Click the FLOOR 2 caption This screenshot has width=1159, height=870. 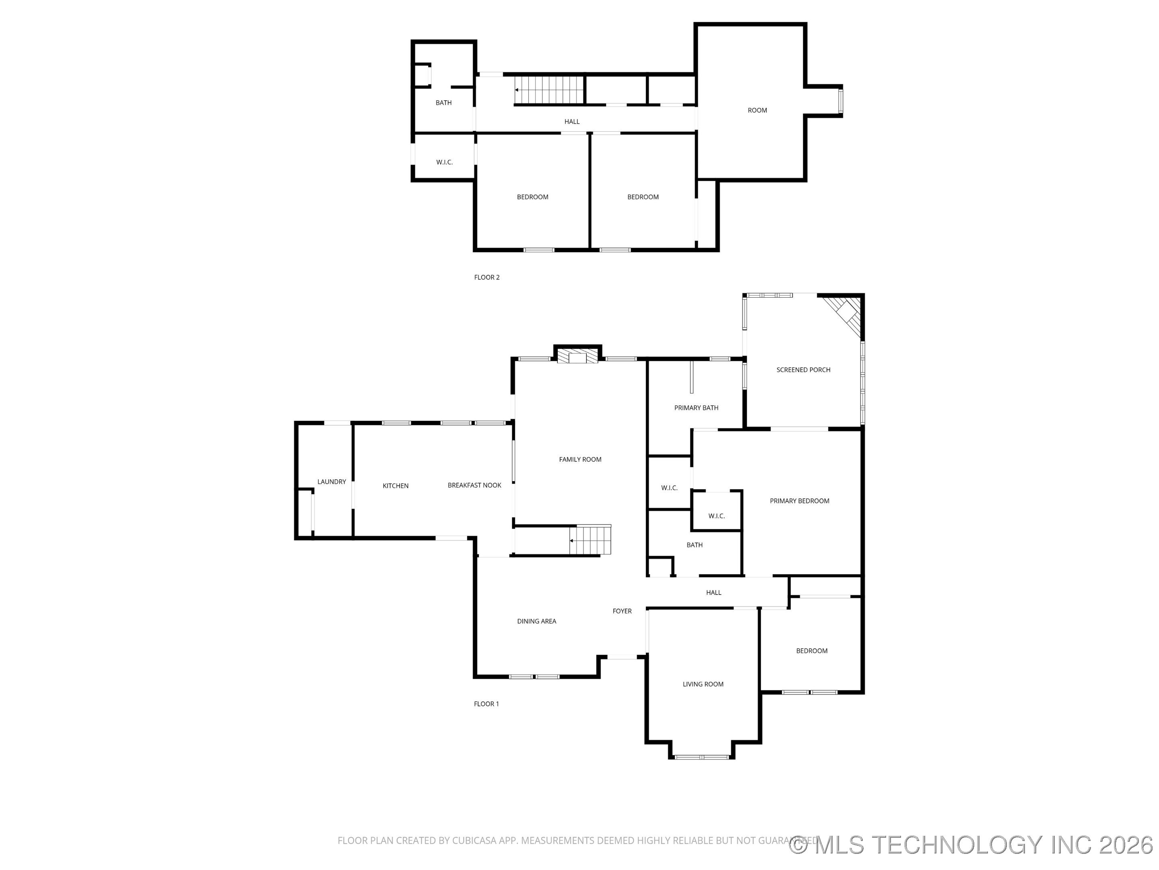pos(487,278)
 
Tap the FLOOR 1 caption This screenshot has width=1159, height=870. pos(486,704)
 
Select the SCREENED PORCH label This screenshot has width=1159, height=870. pos(803,370)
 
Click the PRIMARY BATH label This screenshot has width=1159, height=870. pos(696,408)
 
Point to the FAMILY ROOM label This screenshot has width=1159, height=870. pos(580,460)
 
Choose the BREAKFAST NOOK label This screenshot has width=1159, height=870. pos(474,485)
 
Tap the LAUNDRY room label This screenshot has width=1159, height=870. pos(332,481)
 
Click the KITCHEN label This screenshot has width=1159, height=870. pos(396,486)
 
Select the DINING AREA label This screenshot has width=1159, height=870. pos(536,621)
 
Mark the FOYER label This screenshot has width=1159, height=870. pos(622,611)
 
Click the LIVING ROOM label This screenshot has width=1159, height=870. pos(703,684)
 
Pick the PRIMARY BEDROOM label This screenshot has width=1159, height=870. pos(800,501)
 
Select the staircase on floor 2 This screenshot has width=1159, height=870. pos(549,90)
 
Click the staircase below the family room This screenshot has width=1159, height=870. pos(590,540)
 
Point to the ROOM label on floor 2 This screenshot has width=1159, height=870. pos(757,110)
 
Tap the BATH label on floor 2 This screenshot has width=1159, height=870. pos(443,103)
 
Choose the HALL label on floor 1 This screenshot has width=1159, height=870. pos(714,592)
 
